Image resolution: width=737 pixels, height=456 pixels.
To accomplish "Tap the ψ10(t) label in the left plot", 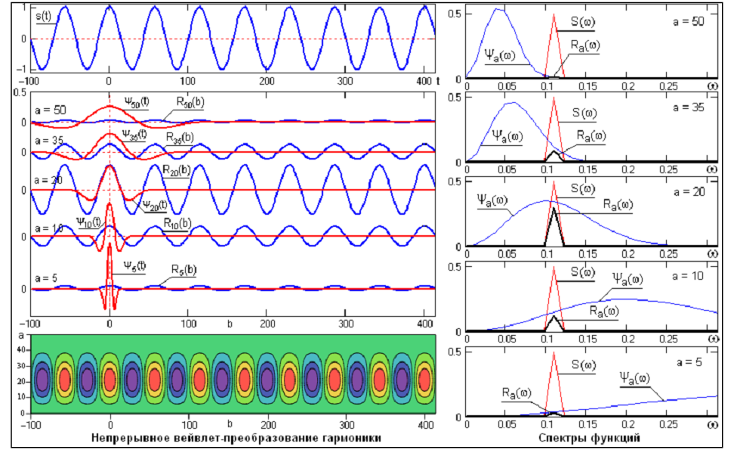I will click(x=90, y=222).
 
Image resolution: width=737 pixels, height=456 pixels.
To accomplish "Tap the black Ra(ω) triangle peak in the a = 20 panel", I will click(x=554, y=209).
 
